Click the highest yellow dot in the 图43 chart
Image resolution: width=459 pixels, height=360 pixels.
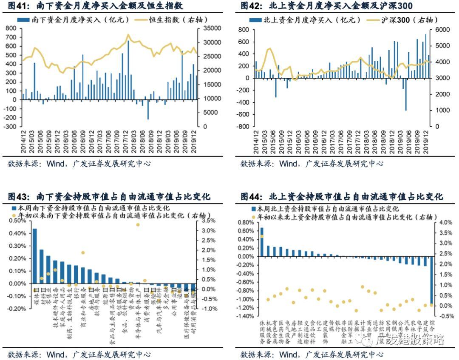(138, 225)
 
